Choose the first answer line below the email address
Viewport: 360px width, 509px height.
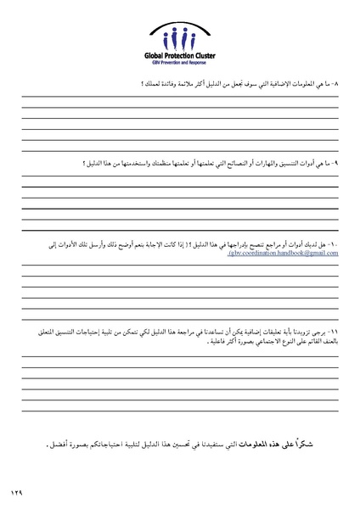180,266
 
